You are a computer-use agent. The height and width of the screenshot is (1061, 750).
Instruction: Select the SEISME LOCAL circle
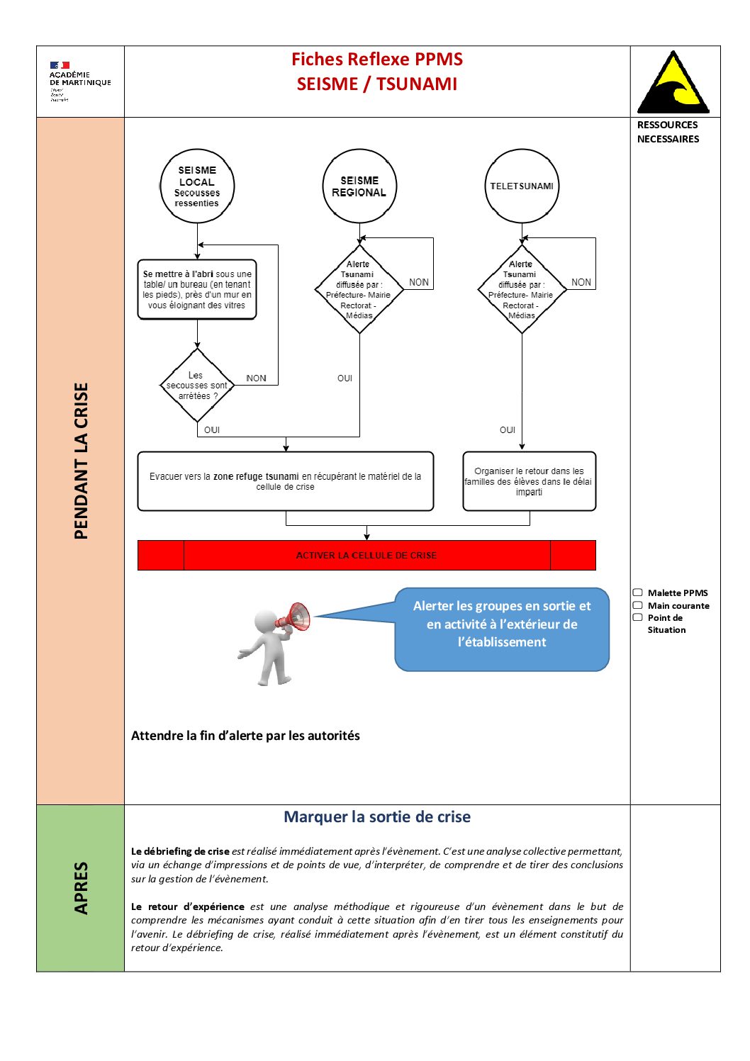[197, 186]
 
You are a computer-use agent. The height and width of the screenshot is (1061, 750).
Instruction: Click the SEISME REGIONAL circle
[359, 186]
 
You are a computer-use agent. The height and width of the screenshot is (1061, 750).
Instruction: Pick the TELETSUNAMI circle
[522, 186]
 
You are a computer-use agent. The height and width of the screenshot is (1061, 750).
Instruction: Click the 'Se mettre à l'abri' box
[197, 289]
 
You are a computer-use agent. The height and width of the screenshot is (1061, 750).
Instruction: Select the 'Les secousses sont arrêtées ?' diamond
[197, 386]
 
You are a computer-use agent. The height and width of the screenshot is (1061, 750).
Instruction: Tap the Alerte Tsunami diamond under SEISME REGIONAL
[359, 289]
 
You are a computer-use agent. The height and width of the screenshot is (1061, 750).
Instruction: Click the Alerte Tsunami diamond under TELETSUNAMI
[522, 289]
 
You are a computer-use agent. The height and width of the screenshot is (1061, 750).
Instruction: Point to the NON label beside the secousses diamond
[256, 378]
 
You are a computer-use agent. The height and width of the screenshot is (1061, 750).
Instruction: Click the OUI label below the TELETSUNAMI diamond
[508, 430]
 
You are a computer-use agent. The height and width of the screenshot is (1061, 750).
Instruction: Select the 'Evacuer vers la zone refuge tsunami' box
[285, 481]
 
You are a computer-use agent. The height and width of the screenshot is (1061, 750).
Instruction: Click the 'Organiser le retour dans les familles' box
[529, 481]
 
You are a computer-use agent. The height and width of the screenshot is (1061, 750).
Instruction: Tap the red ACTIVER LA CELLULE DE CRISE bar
[366, 556]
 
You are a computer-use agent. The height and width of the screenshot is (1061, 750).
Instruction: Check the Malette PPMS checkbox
[638, 593]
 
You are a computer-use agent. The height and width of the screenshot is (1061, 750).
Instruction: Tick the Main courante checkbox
[638, 605]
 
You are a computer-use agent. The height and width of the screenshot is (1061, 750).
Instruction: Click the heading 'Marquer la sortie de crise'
[377, 817]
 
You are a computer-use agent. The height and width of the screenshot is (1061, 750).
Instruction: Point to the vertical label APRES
[81, 888]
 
